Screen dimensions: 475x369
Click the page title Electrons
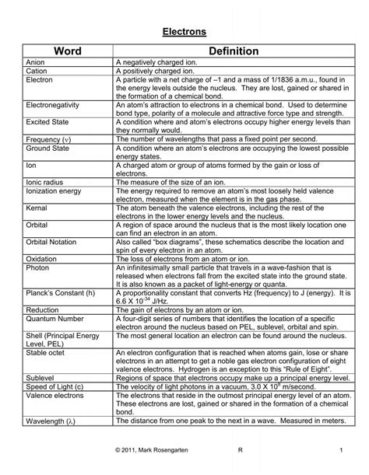tap(184, 33)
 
